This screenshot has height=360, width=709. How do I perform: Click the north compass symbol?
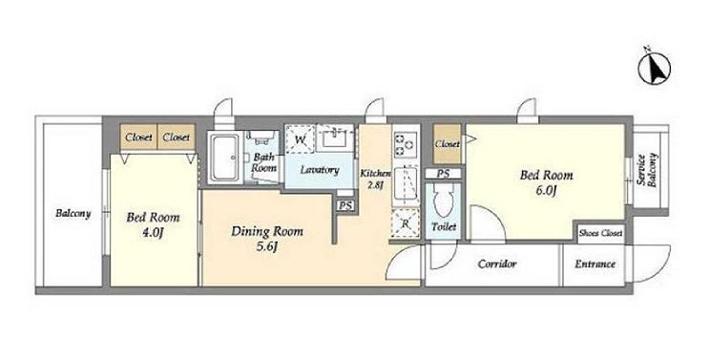pos(655,69)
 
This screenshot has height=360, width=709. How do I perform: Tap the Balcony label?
pos(73,213)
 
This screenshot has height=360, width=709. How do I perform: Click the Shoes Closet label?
pos(601,233)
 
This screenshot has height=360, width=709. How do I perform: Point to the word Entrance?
pos(595,265)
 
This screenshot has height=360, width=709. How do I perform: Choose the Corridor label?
pos(497,264)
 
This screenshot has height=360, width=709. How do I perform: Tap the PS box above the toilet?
pos(443,174)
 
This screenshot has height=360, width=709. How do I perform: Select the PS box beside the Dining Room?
pos(345,205)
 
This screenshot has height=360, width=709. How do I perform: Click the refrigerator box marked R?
pos(406,223)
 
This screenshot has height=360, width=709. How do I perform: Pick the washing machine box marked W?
pos(300,139)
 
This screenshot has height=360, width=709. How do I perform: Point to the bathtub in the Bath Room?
pos(225,158)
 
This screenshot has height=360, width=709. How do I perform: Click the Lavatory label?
pos(320,170)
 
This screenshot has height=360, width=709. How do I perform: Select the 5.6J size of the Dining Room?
pos(267,247)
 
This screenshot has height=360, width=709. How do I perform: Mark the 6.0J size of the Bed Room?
pos(546,190)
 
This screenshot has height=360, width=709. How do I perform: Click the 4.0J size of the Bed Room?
pos(153,233)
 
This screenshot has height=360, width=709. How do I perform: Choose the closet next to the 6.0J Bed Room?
pos(447,144)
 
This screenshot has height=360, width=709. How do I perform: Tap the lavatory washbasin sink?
pos(334,138)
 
